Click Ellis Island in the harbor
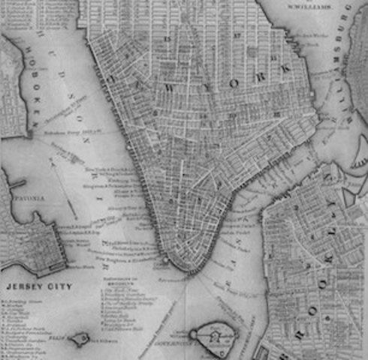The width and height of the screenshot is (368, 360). pos(78,339)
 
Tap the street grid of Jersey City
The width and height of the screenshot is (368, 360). pos(34,240)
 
